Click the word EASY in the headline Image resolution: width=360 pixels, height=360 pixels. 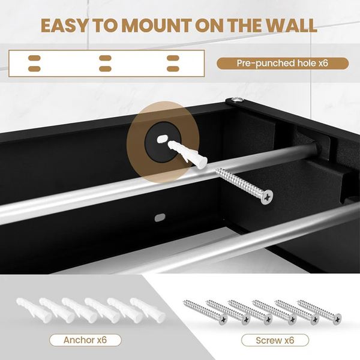pos(64,25)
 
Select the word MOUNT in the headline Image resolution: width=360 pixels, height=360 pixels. pos(157,25)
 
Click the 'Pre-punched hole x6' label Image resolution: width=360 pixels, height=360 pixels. pos(283,63)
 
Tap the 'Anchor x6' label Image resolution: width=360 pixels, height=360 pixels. pos(85,340)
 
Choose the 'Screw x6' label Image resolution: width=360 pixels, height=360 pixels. pos(275,340)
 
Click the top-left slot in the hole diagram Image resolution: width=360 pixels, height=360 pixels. pos(34,58)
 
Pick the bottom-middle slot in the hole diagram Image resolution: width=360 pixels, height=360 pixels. pos(105,69)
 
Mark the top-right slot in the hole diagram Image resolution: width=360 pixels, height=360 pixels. pos(173,58)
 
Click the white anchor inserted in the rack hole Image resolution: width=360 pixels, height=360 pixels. pos(187,154)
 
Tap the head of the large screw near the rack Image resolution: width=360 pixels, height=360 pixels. pos(266,197)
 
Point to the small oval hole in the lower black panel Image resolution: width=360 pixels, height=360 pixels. pos(160,217)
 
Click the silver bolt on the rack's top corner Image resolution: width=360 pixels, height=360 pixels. pos(237,99)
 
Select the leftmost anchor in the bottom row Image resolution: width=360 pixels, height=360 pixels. pos(34,310)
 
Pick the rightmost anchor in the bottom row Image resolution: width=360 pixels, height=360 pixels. pos(148,310)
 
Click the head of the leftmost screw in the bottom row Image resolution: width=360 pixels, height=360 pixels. pos(223,319)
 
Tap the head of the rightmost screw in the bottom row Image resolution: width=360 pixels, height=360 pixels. pos(337,319)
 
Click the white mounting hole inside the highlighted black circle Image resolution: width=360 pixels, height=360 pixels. pos(162,139)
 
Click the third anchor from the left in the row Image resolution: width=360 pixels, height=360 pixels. pos(80,310)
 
